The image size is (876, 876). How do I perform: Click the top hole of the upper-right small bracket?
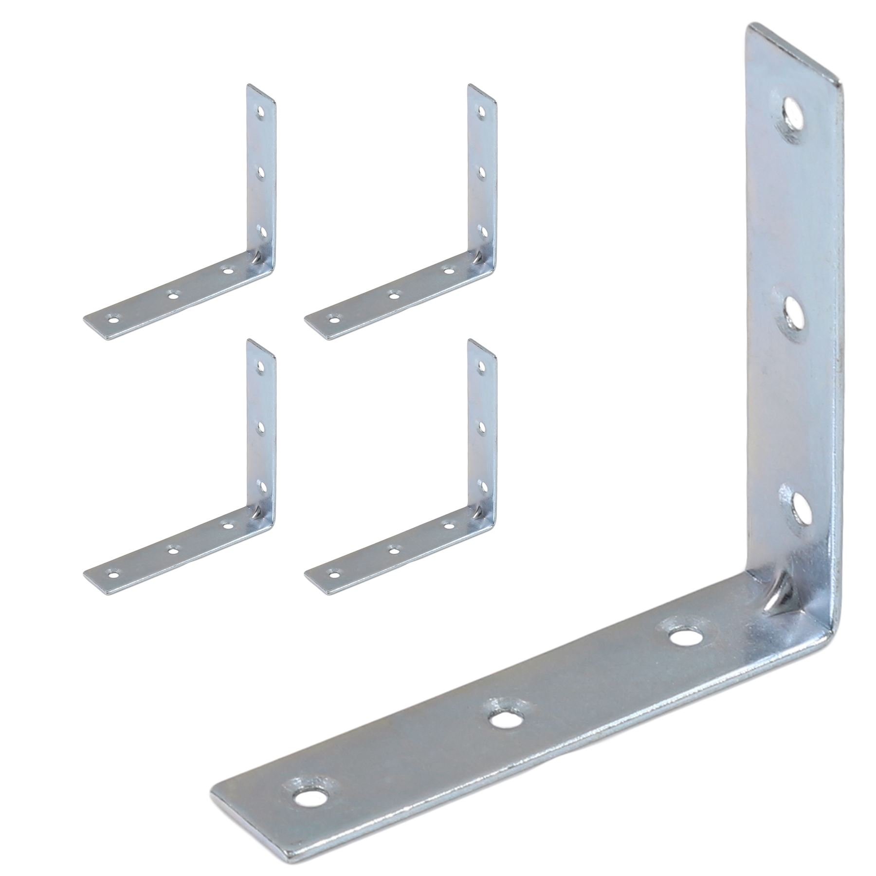[x=482, y=113]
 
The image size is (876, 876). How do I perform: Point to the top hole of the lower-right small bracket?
[x=482, y=366]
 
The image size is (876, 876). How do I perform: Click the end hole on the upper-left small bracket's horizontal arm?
[x=113, y=320]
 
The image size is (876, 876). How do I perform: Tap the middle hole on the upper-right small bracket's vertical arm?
[x=482, y=171]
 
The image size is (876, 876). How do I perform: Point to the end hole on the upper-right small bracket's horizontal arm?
[x=333, y=320]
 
